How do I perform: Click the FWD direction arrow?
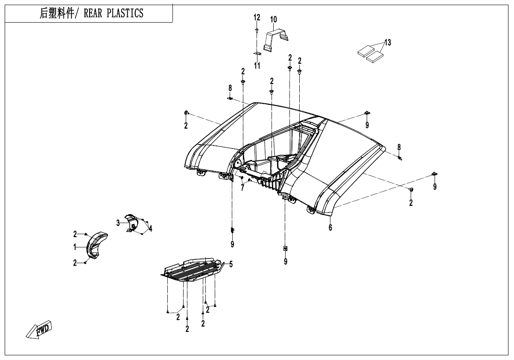39,329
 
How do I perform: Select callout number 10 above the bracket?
273,19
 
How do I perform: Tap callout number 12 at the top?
257,17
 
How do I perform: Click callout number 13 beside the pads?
387,43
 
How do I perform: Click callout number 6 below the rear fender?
330,228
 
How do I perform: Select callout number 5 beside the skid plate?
231,264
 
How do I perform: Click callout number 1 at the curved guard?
75,247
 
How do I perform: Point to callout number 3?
118,222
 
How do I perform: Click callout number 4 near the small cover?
150,229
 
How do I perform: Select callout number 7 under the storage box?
242,188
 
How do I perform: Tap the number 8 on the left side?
230,88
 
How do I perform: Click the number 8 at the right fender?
399,147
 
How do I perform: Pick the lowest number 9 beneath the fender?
286,261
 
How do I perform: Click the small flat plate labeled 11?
257,54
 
